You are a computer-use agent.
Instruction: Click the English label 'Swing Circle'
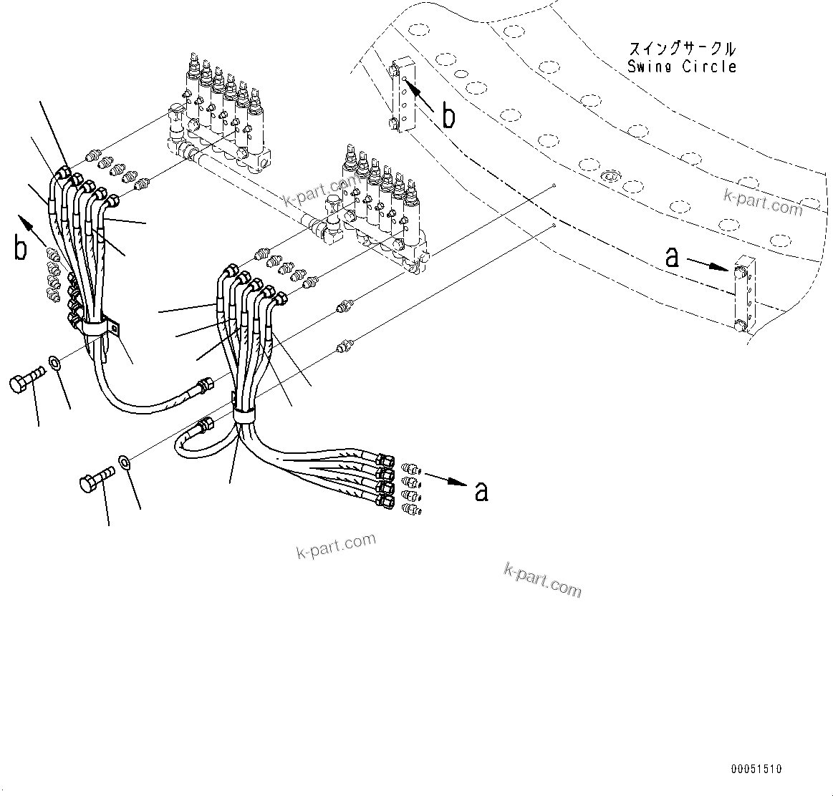pos(681,67)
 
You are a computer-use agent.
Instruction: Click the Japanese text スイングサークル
pos(681,49)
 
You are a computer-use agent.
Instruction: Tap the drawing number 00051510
pos(756,770)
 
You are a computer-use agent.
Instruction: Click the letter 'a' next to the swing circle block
pos(672,257)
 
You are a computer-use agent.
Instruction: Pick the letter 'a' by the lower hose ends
pos(482,491)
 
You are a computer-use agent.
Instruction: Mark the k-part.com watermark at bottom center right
pos(542,579)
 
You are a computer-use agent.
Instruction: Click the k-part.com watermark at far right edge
pos(763,203)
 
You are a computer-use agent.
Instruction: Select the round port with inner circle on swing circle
pos(609,175)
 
